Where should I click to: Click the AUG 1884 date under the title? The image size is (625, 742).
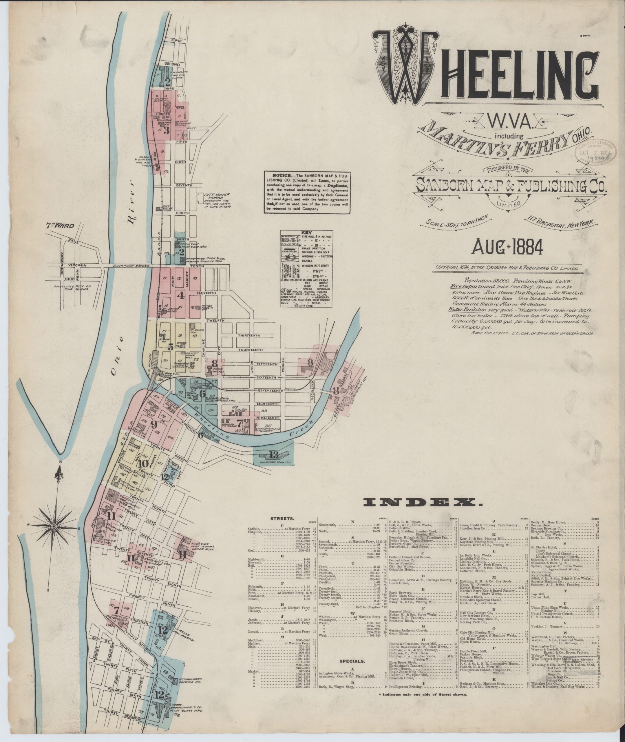pos(507,248)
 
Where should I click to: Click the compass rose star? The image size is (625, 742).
pos(53,524)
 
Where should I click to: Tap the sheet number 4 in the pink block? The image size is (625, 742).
pos(181,294)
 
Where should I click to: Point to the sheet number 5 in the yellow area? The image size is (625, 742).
pos(171,347)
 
